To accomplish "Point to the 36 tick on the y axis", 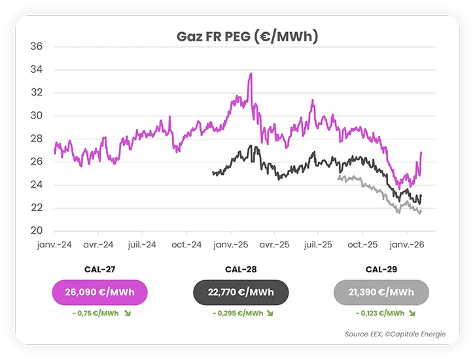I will point(37,46).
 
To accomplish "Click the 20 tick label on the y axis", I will point(37,231).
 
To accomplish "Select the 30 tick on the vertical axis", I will point(37,116).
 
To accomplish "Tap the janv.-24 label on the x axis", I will point(54,244).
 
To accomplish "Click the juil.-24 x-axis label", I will point(142,244).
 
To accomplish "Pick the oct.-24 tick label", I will point(186,244).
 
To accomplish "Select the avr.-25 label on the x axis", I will point(274,244).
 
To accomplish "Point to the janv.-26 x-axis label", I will point(406,244).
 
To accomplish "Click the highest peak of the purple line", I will point(251,74).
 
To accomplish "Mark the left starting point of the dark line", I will point(213,173).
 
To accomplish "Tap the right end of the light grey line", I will point(421,211).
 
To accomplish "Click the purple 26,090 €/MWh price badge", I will point(99,292).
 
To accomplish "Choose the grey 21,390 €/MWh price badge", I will point(381,292).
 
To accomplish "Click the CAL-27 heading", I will point(99,269).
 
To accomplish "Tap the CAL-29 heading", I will point(381,269).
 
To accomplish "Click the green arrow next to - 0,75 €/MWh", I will point(127,314).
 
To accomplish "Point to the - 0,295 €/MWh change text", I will point(237,314).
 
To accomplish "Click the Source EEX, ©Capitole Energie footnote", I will point(395,334).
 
